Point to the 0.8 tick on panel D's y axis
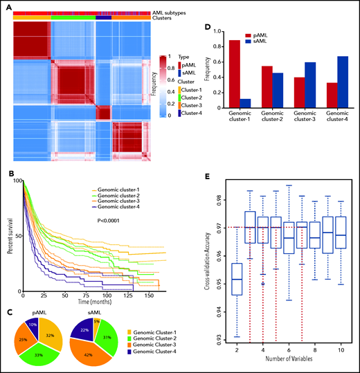(213, 47)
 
